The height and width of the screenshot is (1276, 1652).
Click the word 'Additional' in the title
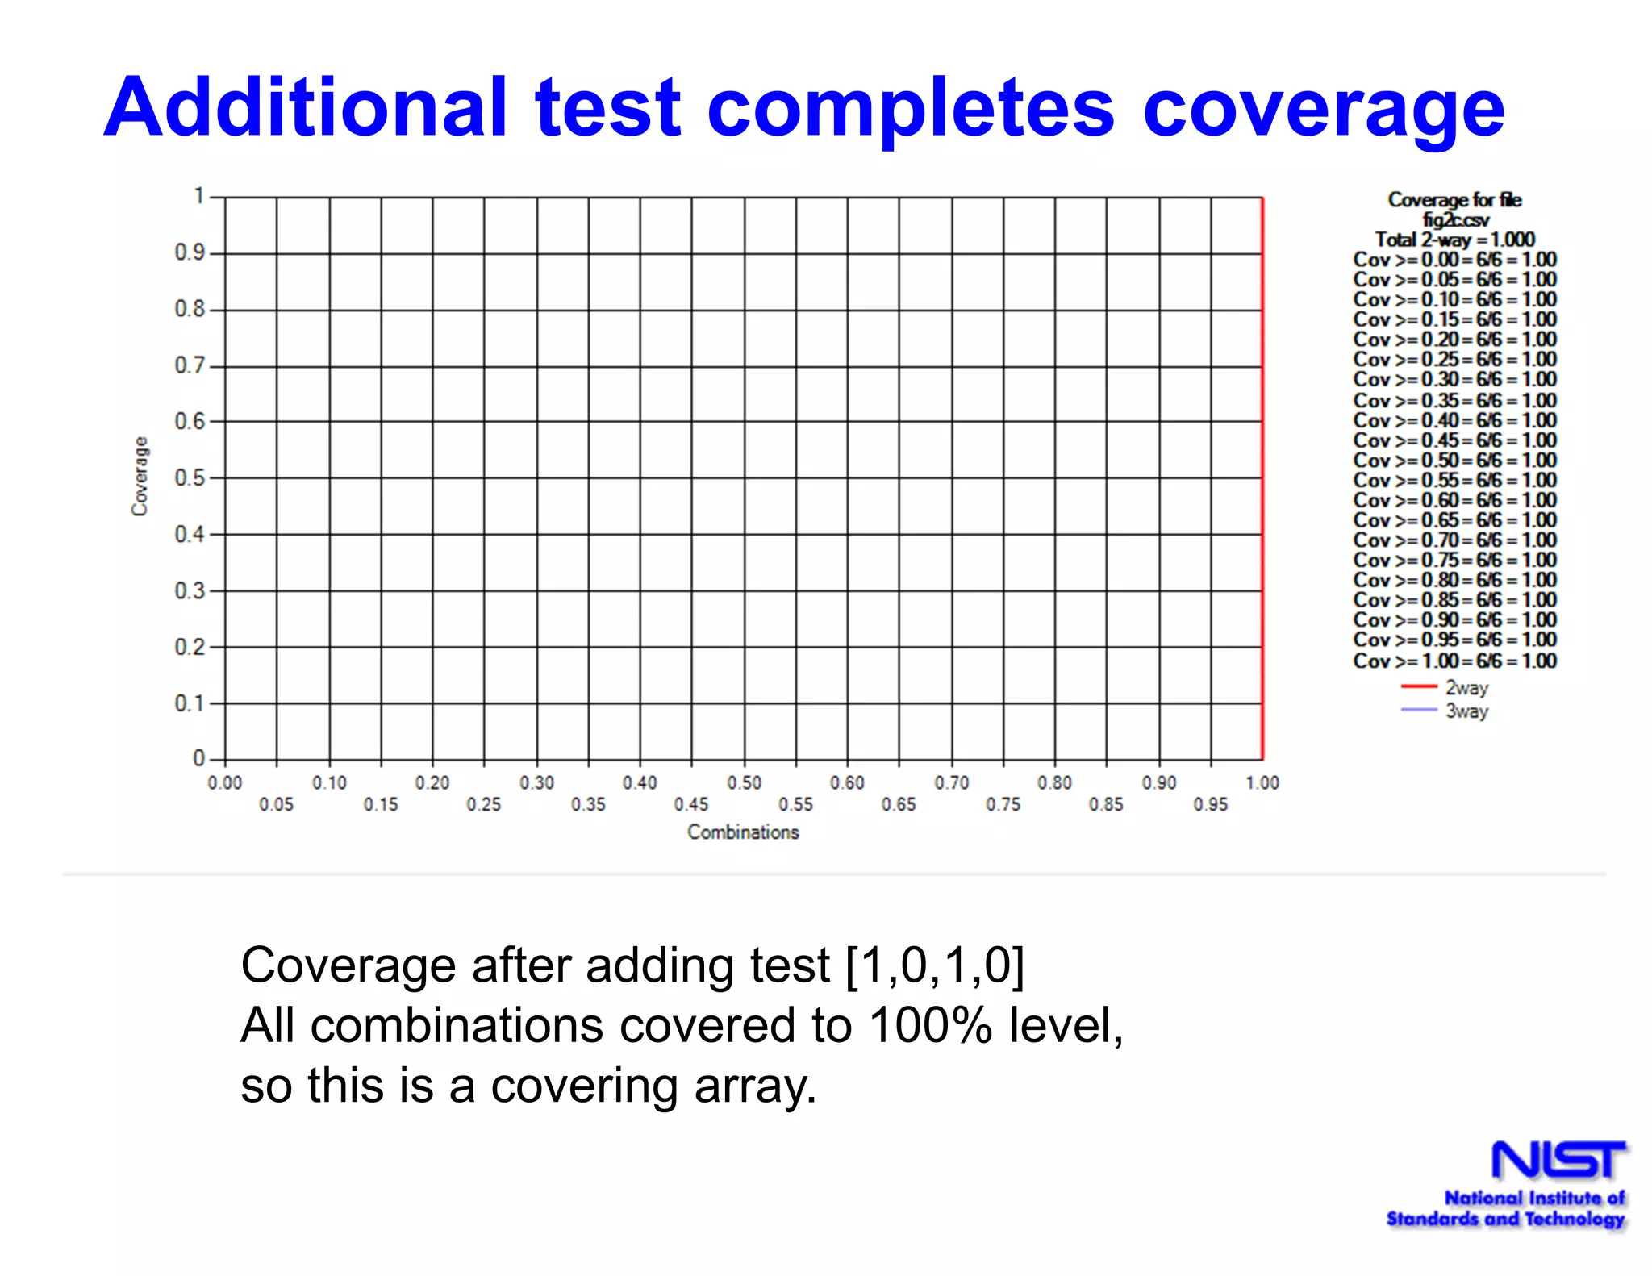(307, 107)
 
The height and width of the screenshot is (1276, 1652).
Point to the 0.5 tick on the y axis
(190, 477)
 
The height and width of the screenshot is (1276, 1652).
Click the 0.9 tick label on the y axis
(190, 252)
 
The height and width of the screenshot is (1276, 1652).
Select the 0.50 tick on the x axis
(744, 782)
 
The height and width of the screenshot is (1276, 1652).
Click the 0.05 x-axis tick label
(276, 804)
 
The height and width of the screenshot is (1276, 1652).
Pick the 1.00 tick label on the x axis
(1262, 782)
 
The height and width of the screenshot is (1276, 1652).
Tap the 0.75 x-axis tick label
(1003, 804)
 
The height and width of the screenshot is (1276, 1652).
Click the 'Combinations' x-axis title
(743, 832)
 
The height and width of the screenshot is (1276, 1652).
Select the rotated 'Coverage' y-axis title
(140, 476)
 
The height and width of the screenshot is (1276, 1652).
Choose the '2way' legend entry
(1466, 688)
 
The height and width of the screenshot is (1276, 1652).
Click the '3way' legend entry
(1466, 711)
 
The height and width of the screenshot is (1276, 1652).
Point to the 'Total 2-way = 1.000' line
(1454, 240)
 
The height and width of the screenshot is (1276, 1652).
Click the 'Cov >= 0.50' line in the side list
(1454, 460)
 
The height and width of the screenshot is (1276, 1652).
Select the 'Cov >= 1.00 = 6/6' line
(1454, 661)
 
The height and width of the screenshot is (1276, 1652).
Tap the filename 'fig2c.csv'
(1455, 219)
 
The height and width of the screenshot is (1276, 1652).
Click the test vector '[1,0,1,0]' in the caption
(934, 965)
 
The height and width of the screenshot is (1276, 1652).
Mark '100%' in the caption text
(930, 1025)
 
